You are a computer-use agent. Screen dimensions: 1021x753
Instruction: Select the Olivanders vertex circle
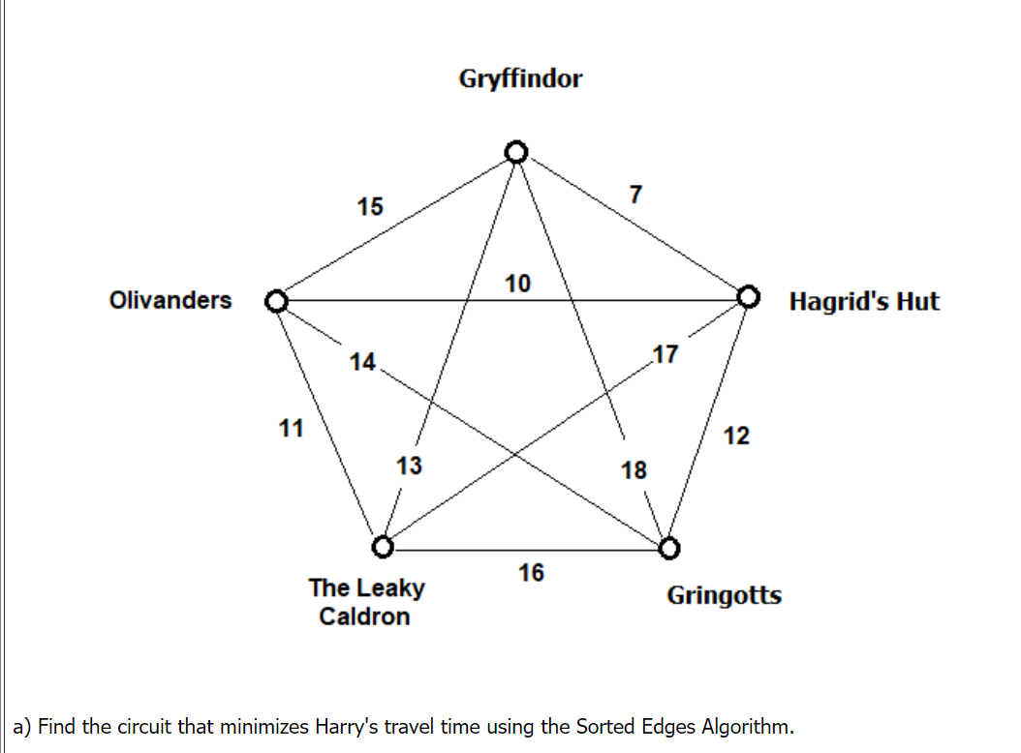click(276, 300)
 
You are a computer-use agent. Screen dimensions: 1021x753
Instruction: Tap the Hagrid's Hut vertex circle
click(749, 295)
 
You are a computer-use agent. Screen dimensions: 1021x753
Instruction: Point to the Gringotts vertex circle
click(669, 549)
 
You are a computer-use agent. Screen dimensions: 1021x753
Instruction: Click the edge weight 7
click(634, 195)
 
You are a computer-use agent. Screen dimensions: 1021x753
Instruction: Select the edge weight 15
click(369, 206)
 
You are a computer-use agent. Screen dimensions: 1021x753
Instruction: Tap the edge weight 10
click(517, 284)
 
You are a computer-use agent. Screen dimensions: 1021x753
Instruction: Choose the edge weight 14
click(362, 362)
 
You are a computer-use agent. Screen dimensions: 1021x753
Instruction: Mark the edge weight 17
click(666, 353)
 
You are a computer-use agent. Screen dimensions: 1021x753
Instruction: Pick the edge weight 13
click(409, 466)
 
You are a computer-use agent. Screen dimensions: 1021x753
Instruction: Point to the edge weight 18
click(634, 470)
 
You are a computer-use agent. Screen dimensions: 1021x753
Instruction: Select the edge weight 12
click(736, 436)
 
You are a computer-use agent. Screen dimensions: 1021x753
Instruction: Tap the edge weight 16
click(531, 573)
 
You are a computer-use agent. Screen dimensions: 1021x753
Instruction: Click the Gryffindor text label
click(520, 78)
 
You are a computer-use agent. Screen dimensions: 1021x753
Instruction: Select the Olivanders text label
click(170, 300)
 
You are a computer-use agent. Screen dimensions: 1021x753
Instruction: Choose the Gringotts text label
click(724, 595)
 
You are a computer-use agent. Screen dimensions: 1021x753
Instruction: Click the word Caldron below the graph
click(364, 617)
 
